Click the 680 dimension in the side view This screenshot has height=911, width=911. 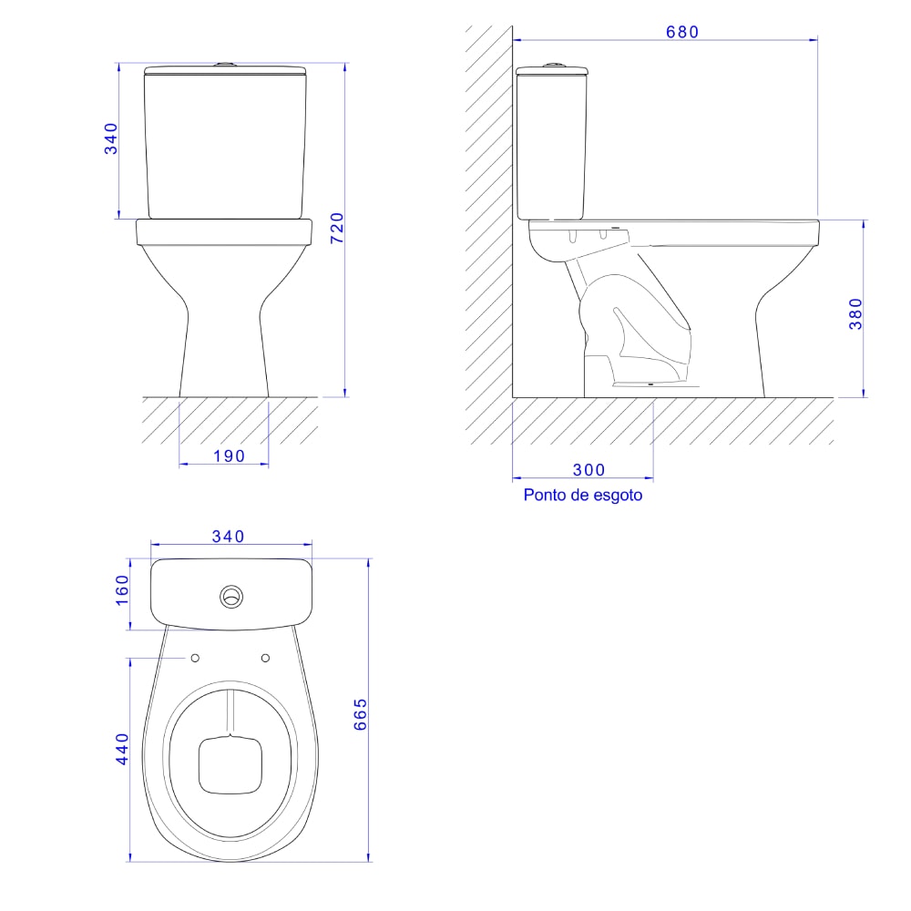[682, 32]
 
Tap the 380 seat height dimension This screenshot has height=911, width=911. [855, 313]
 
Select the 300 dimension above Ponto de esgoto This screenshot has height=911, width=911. [589, 469]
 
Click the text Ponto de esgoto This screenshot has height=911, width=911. [583, 495]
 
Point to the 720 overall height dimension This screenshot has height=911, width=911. [337, 228]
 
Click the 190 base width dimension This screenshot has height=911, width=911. [229, 456]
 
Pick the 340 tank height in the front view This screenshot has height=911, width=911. [110, 138]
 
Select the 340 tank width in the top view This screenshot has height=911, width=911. [228, 537]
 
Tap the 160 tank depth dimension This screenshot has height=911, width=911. [122, 589]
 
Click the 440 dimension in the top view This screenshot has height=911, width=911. [122, 749]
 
